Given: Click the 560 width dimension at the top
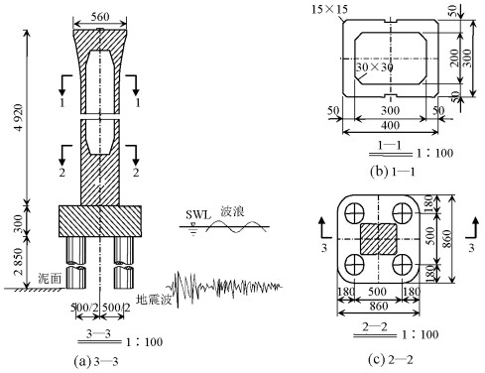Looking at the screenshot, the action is (x=100, y=17).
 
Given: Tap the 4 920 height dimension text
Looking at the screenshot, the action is (x=19, y=117).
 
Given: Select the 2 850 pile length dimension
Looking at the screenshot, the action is (x=19, y=261).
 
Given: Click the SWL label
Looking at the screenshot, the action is (x=197, y=215).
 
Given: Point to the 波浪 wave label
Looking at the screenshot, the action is (x=232, y=211).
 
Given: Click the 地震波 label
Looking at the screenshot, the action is (x=154, y=300).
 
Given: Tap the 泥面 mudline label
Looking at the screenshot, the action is (x=50, y=279).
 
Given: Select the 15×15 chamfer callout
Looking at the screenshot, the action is (x=329, y=9).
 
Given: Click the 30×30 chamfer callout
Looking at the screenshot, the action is (x=374, y=67).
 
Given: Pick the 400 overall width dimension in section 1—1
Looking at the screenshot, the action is (x=390, y=126).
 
